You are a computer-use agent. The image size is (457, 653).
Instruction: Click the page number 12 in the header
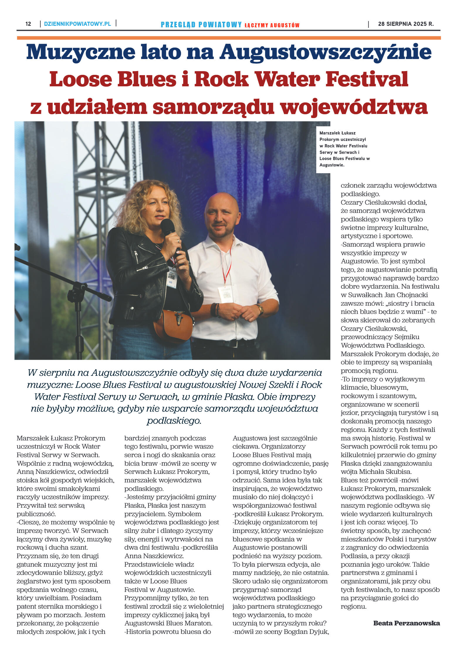pyautogui.click(x=28, y=24)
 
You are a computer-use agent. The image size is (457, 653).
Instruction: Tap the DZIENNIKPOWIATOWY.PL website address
pyautogui.click(x=77, y=24)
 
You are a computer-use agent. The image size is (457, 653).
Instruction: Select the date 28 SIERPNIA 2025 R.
pyautogui.click(x=406, y=24)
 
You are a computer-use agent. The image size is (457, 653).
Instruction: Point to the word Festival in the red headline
pyautogui.click(x=367, y=79)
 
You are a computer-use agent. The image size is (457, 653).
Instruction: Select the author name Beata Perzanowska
pyautogui.click(x=406, y=623)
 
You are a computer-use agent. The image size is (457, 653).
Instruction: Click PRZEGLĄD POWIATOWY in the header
pyautogui.click(x=201, y=25)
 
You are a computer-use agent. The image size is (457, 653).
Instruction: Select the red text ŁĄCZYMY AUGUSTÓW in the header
pyautogui.click(x=272, y=25)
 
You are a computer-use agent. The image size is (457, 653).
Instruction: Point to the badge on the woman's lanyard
pyautogui.click(x=172, y=279)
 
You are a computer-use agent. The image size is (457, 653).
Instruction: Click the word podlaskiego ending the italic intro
pyautogui.click(x=174, y=420)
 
